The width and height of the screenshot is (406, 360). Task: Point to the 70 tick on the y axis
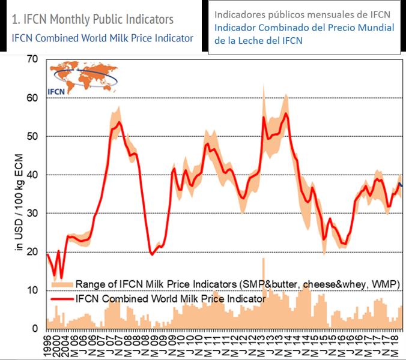(x=32, y=59)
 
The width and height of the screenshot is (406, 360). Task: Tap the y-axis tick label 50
(x=32, y=136)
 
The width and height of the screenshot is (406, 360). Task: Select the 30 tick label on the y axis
(x=32, y=213)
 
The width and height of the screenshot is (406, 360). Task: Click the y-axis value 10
(x=32, y=290)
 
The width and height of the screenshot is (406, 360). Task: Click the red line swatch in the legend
(x=61, y=298)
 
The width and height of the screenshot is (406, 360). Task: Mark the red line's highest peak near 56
(x=285, y=113)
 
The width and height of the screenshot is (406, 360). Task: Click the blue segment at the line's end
(x=401, y=185)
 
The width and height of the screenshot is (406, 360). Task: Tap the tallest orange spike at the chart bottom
(x=263, y=259)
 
